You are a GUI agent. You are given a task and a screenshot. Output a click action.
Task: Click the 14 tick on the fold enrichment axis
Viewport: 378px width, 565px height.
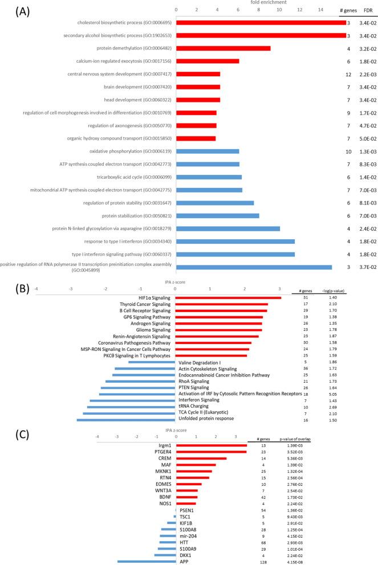[x=320, y=10]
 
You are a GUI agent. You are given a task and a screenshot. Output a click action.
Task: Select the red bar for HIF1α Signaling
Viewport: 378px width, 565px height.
[x=228, y=297]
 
